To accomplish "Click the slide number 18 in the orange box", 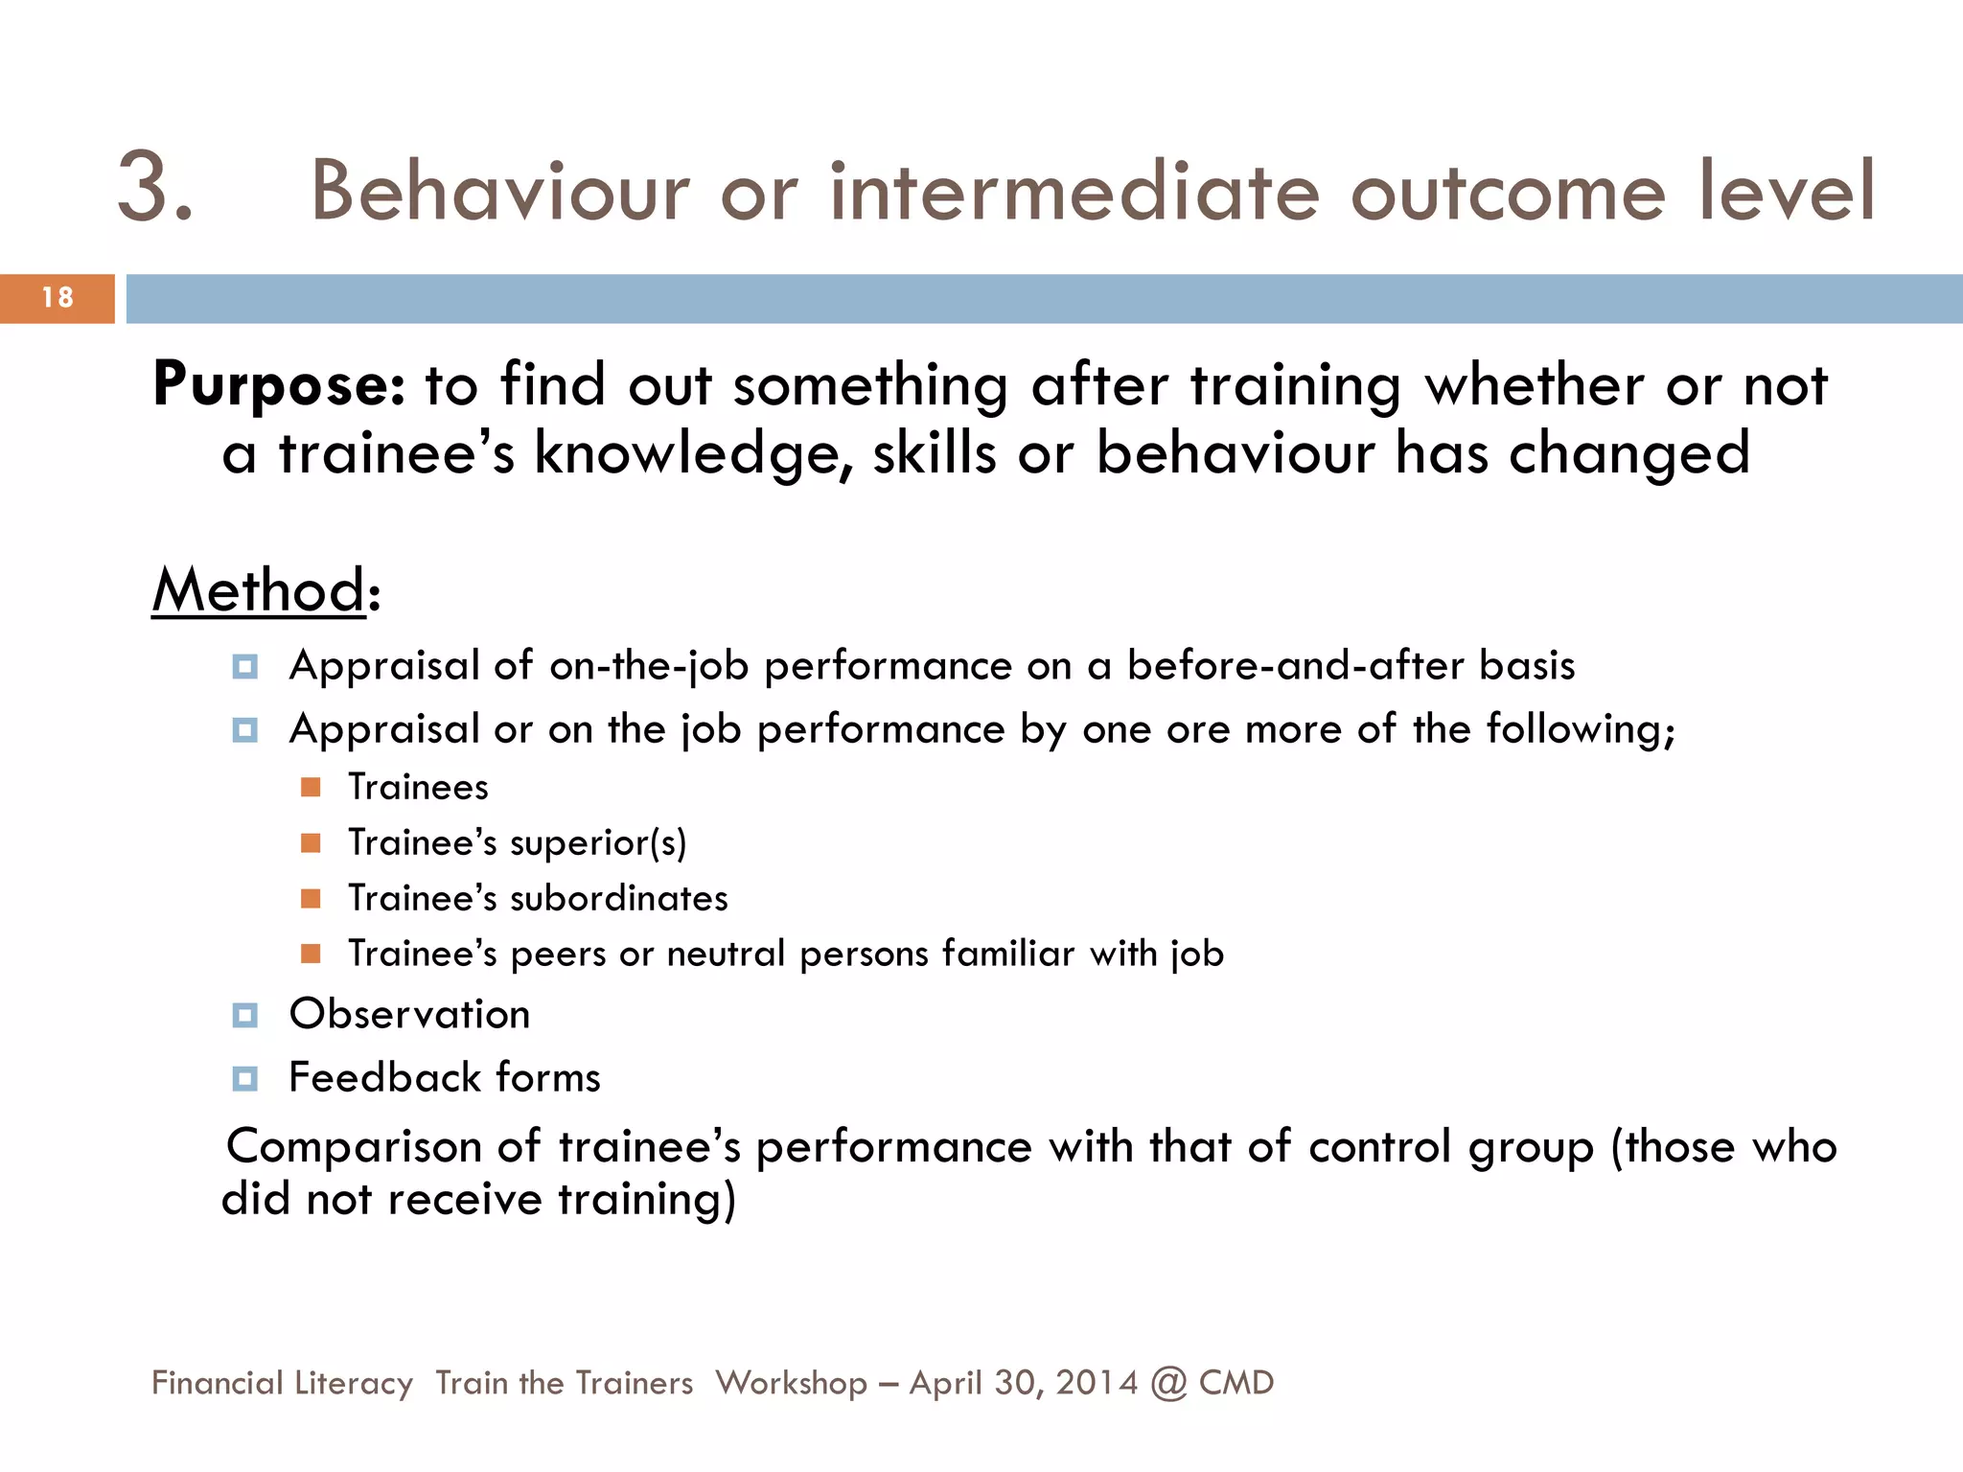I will (x=58, y=298).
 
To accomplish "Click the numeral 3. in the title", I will (x=155, y=188).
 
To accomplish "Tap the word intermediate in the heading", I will (x=1074, y=192).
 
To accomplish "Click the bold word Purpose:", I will (x=279, y=385).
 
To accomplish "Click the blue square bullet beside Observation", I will (x=245, y=1015).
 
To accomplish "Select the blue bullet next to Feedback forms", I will (x=245, y=1079).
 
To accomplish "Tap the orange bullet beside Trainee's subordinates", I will (x=311, y=898).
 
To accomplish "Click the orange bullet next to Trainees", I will (x=311, y=787).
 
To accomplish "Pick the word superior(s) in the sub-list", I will (x=598, y=843).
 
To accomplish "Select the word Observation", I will (x=409, y=1015).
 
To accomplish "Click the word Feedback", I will (x=371, y=1078).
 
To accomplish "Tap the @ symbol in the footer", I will (x=1168, y=1384).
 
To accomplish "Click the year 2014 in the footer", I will (x=1097, y=1383).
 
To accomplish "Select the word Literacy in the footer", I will (x=354, y=1383).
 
